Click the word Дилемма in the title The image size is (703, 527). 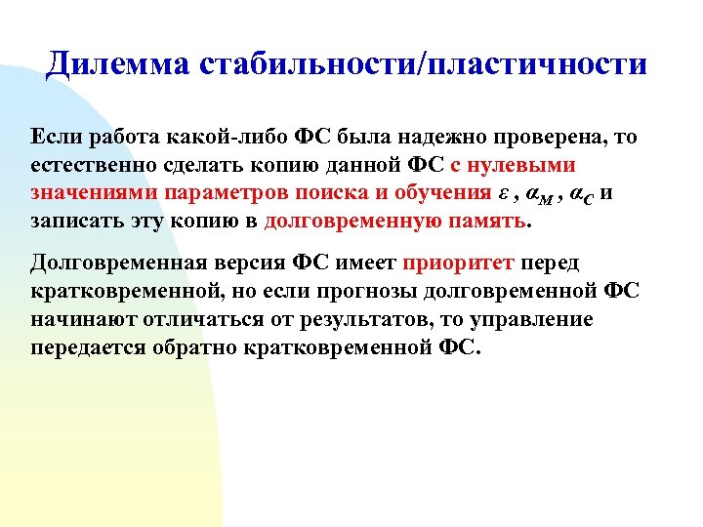coord(116,64)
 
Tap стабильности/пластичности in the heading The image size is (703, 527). coord(423,64)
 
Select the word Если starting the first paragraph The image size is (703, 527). coord(54,138)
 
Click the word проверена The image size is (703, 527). coord(548,138)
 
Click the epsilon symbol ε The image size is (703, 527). coord(503,191)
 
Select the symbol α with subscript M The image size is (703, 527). coord(538,192)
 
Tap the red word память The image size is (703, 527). coord(486,219)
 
